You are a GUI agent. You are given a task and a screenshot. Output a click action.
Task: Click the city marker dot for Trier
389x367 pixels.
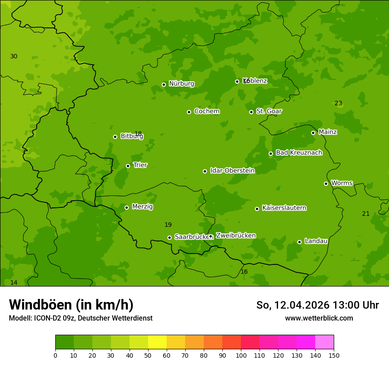[x=128, y=166]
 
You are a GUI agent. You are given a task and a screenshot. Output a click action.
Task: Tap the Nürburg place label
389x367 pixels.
[x=181, y=84]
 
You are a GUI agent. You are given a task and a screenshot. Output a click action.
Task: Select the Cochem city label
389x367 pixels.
[x=206, y=111]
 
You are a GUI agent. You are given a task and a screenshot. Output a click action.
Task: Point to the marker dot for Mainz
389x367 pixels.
[x=313, y=133]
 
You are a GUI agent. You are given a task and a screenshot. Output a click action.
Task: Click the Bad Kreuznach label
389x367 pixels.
[x=299, y=153]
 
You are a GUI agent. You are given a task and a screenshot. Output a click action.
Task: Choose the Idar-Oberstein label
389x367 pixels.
[x=232, y=170]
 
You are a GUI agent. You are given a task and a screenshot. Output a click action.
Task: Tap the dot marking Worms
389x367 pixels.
[x=326, y=183]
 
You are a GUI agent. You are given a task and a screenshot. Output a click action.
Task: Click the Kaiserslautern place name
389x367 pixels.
[x=284, y=208]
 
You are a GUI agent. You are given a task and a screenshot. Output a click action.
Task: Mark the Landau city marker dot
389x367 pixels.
[x=299, y=242]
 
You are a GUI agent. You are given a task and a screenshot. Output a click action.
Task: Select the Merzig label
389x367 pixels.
[x=142, y=206]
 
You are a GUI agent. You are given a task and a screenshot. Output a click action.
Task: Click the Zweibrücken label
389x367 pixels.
[x=236, y=235]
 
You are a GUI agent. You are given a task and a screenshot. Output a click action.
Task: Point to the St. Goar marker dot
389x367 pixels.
[x=251, y=112]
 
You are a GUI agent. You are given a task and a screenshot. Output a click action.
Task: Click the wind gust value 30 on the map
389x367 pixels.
[x=14, y=56]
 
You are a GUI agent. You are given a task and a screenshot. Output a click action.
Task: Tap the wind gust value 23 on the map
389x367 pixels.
[x=338, y=103]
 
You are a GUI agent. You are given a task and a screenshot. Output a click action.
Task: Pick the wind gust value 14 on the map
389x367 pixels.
[x=14, y=283]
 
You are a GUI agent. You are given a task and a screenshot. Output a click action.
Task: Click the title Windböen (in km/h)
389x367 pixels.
[x=71, y=305]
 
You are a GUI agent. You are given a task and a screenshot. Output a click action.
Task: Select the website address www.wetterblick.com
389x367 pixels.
[x=319, y=318]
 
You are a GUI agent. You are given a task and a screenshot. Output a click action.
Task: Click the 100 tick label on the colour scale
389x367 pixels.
[x=241, y=355]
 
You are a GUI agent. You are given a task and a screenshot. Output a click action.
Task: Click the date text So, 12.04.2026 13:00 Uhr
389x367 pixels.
[x=317, y=305]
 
